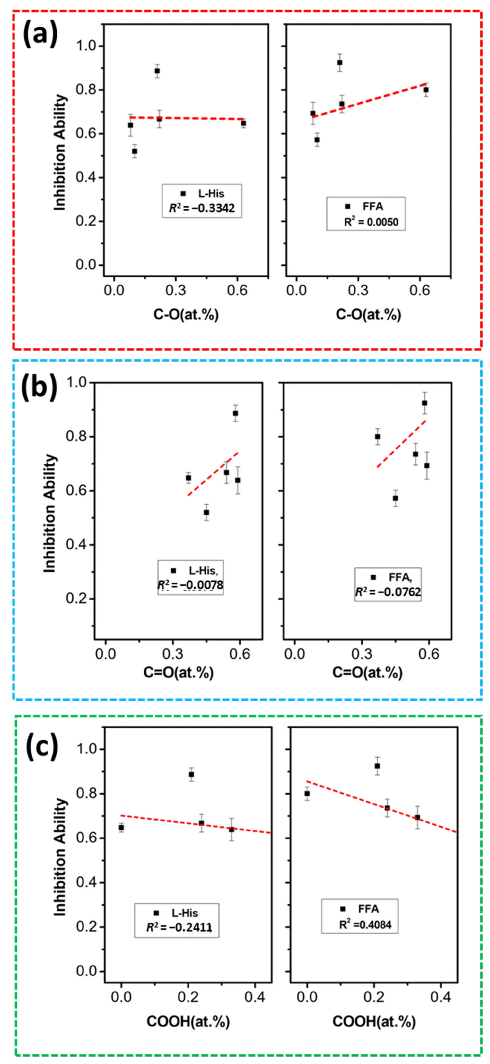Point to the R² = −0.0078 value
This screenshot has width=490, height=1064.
190,585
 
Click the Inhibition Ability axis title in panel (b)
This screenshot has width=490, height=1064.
50,513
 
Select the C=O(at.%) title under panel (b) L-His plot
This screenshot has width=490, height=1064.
179,673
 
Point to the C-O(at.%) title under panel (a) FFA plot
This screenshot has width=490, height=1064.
368,315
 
